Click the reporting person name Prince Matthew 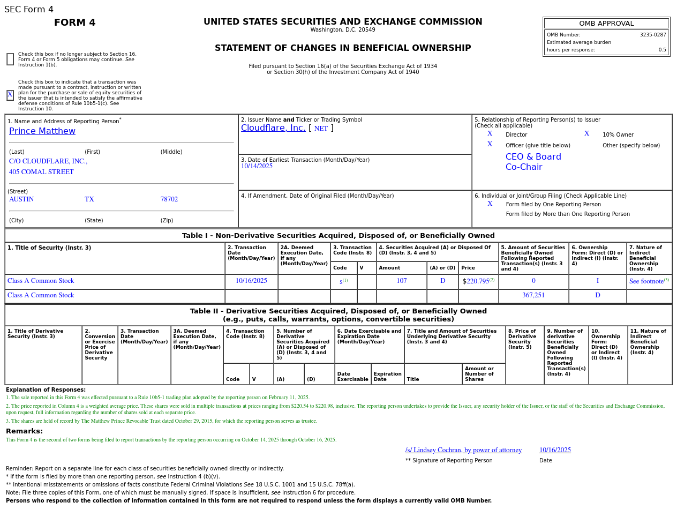(42, 131)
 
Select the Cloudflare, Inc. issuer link (273, 128)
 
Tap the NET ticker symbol (321, 129)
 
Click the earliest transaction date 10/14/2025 (257, 166)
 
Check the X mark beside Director (490, 134)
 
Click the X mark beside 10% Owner (586, 134)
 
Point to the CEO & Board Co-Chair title (533, 162)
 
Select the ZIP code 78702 (169, 199)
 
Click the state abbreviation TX (89, 199)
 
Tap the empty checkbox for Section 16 (10, 59)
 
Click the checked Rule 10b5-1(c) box (10, 95)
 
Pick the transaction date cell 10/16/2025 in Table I (251, 281)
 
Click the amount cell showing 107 (402, 281)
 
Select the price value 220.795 (478, 281)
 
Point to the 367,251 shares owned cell (533, 296)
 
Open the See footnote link (646, 281)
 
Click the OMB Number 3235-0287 (653, 35)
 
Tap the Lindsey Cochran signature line (463, 450)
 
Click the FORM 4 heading (75, 23)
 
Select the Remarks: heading (24, 431)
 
